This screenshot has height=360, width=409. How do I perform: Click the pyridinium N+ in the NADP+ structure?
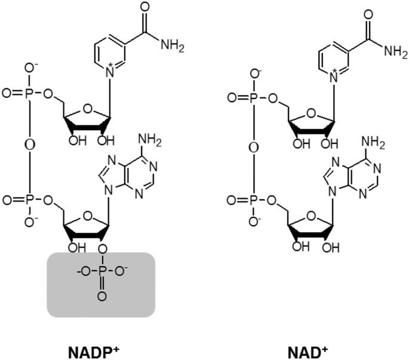[x=109, y=74]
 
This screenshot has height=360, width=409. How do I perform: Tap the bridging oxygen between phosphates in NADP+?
[x=30, y=145]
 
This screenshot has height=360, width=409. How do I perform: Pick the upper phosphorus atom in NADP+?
[x=30, y=94]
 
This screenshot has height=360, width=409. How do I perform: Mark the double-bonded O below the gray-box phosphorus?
[x=100, y=296]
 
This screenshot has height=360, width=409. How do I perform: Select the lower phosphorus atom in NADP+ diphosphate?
[x=30, y=197]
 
